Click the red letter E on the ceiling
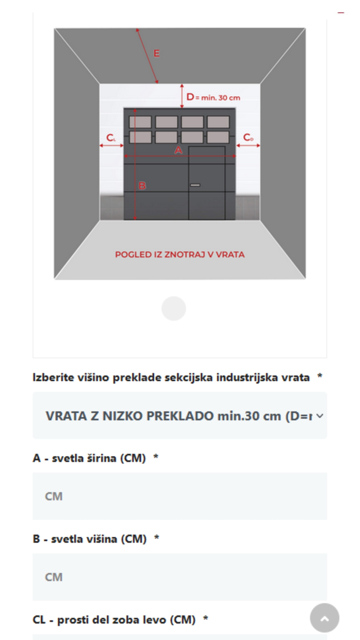pyautogui.click(x=156, y=54)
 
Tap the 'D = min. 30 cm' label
pyautogui.click(x=213, y=97)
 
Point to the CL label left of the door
pyautogui.click(x=111, y=138)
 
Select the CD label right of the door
pyautogui.click(x=248, y=137)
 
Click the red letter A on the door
pyautogui.click(x=178, y=150)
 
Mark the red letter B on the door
pyautogui.click(x=142, y=186)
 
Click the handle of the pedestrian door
pyautogui.click(x=195, y=185)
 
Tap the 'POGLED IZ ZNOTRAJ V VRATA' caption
pyautogui.click(x=179, y=255)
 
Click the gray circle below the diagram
pyautogui.click(x=174, y=309)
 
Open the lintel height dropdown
pyautogui.click(x=179, y=416)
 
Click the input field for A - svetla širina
pyautogui.click(x=179, y=496)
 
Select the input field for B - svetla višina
pyautogui.click(x=179, y=577)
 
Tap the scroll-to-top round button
pyautogui.click(x=325, y=618)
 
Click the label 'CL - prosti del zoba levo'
pyautogui.click(x=114, y=620)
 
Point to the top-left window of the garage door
pyautogui.click(x=140, y=122)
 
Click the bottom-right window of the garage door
pyautogui.click(x=218, y=137)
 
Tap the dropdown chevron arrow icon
pyautogui.click(x=320, y=416)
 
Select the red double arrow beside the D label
pyautogui.click(x=182, y=96)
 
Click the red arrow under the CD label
pyautogui.click(x=248, y=146)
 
